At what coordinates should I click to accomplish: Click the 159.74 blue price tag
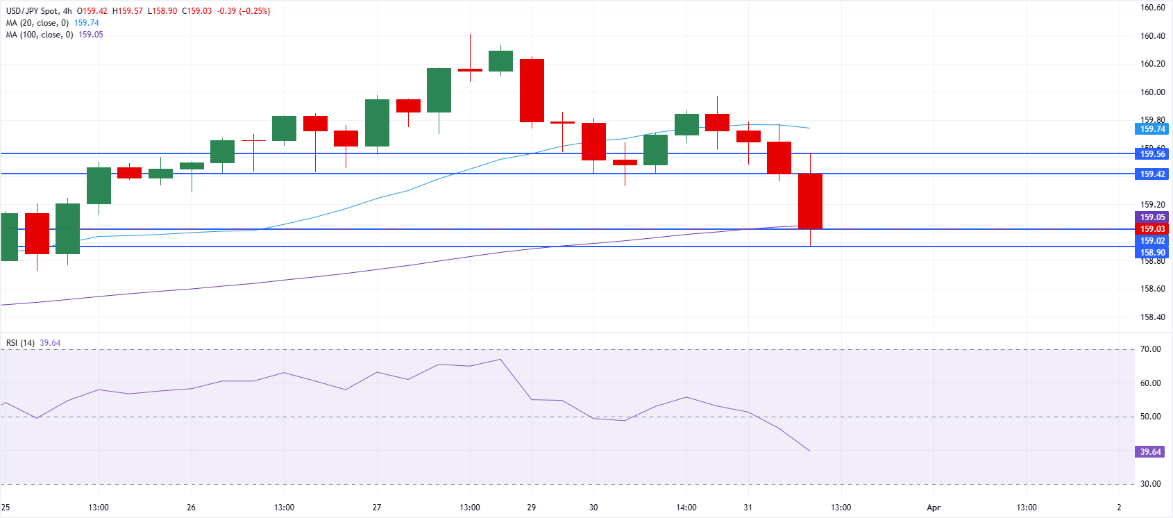(x=1152, y=129)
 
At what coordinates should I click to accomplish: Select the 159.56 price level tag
(x=1152, y=154)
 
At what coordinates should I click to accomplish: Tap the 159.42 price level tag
(x=1152, y=174)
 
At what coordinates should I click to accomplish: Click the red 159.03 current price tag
(x=1152, y=229)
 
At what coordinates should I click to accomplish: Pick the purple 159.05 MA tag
(x=1152, y=217)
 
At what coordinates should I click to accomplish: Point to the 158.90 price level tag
(x=1152, y=253)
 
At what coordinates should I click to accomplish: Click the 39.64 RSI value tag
(x=1150, y=452)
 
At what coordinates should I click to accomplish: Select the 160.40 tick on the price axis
(x=1152, y=36)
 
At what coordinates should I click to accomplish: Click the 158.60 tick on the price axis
(x=1152, y=289)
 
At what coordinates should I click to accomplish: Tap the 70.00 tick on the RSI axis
(x=1150, y=349)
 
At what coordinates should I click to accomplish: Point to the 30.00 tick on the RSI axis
(x=1150, y=484)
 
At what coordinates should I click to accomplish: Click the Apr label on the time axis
(x=934, y=508)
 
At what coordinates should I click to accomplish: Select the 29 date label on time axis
(x=531, y=508)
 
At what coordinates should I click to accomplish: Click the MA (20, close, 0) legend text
(x=37, y=23)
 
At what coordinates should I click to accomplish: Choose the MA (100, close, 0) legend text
(x=40, y=35)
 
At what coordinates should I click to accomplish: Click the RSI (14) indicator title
(x=20, y=343)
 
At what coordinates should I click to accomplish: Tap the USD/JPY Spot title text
(x=32, y=11)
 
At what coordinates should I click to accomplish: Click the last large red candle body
(x=810, y=201)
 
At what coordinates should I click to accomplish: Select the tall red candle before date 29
(x=532, y=90)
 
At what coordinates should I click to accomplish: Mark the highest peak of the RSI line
(x=500, y=360)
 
